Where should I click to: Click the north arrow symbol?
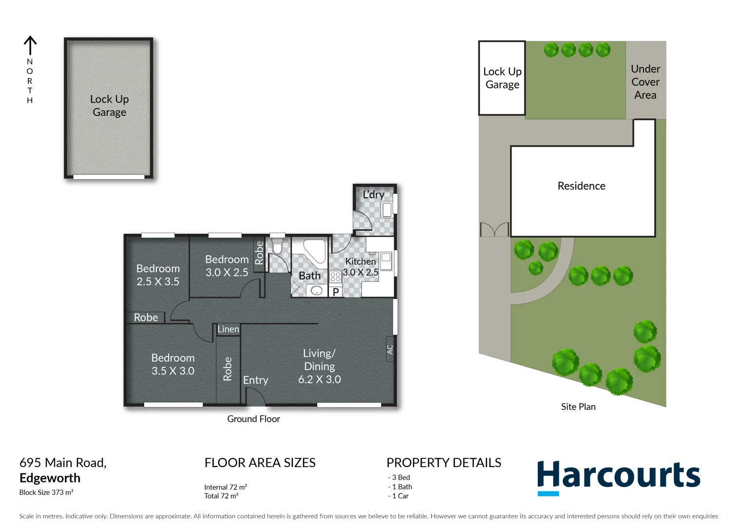(x=30, y=45)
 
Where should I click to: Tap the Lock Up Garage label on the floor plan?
(x=109, y=106)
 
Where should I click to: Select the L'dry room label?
(x=374, y=195)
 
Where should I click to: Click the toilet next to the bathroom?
(x=277, y=246)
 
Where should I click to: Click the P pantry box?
(x=336, y=292)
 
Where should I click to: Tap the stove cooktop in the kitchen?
(x=335, y=277)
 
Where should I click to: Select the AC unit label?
(x=390, y=349)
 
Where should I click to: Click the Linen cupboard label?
(x=228, y=329)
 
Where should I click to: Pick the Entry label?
(x=255, y=380)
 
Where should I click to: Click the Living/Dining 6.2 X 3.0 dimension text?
(x=320, y=379)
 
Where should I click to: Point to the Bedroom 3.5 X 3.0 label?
(x=172, y=364)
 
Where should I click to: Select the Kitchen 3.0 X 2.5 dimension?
(x=360, y=272)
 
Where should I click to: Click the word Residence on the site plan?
(x=581, y=186)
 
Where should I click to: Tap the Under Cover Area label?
(x=645, y=82)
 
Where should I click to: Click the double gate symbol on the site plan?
(x=494, y=229)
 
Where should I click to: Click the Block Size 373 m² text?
(x=46, y=492)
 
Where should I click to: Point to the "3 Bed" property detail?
(x=400, y=477)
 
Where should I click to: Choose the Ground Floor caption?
(x=253, y=419)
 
